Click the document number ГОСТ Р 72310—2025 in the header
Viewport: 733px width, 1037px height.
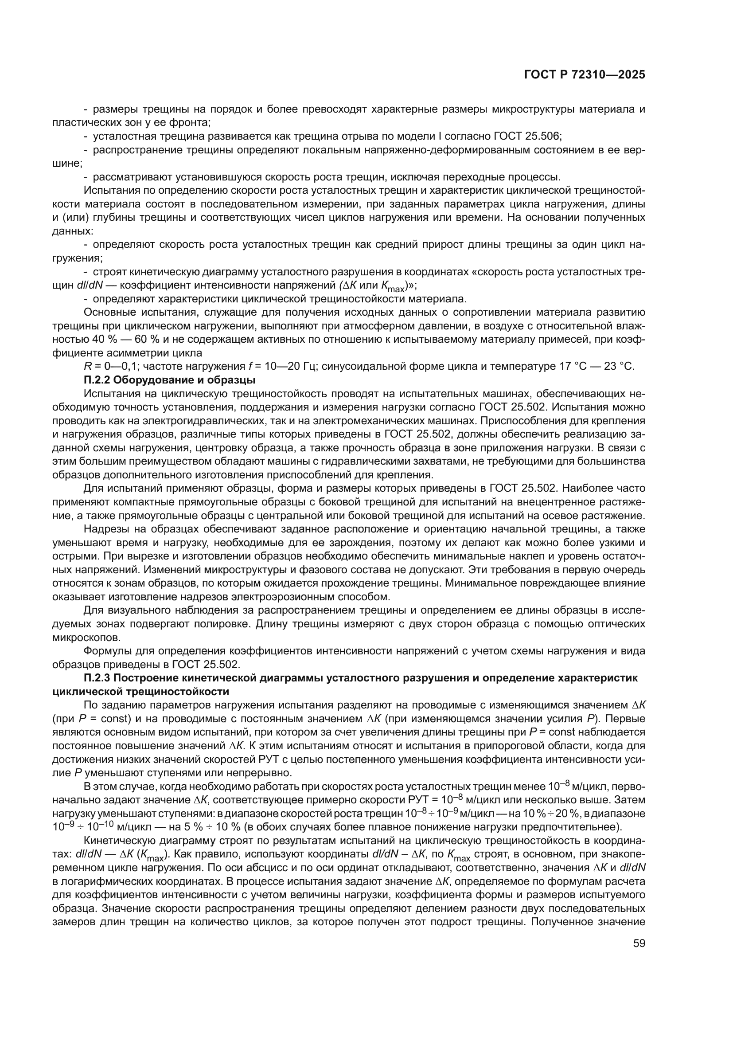(x=585, y=74)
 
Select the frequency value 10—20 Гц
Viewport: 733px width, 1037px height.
(x=283, y=366)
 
